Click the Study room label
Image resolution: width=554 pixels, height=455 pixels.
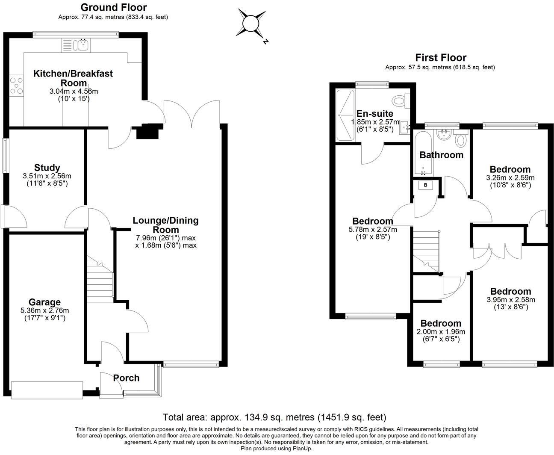click(x=47, y=168)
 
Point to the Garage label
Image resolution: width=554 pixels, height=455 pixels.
click(x=44, y=302)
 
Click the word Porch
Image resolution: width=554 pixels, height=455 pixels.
click(x=126, y=378)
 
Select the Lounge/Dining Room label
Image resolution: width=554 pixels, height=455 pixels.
click(x=165, y=225)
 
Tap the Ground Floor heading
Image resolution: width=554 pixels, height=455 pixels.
click(x=113, y=7)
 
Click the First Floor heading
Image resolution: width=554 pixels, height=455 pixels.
click(x=440, y=57)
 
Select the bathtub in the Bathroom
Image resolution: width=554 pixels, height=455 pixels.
click(x=423, y=154)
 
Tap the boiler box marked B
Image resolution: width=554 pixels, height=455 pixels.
click(x=425, y=185)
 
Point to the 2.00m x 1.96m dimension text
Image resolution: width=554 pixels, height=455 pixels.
click(x=441, y=332)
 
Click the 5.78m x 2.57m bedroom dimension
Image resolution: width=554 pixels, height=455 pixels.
click(x=372, y=230)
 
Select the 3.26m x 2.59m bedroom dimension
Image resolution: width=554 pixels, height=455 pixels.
click(x=510, y=178)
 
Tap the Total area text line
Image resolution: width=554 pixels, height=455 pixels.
click(x=274, y=417)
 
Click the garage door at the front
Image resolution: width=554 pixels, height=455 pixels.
click(x=47, y=390)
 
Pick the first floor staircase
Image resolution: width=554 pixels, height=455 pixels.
click(x=426, y=250)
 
